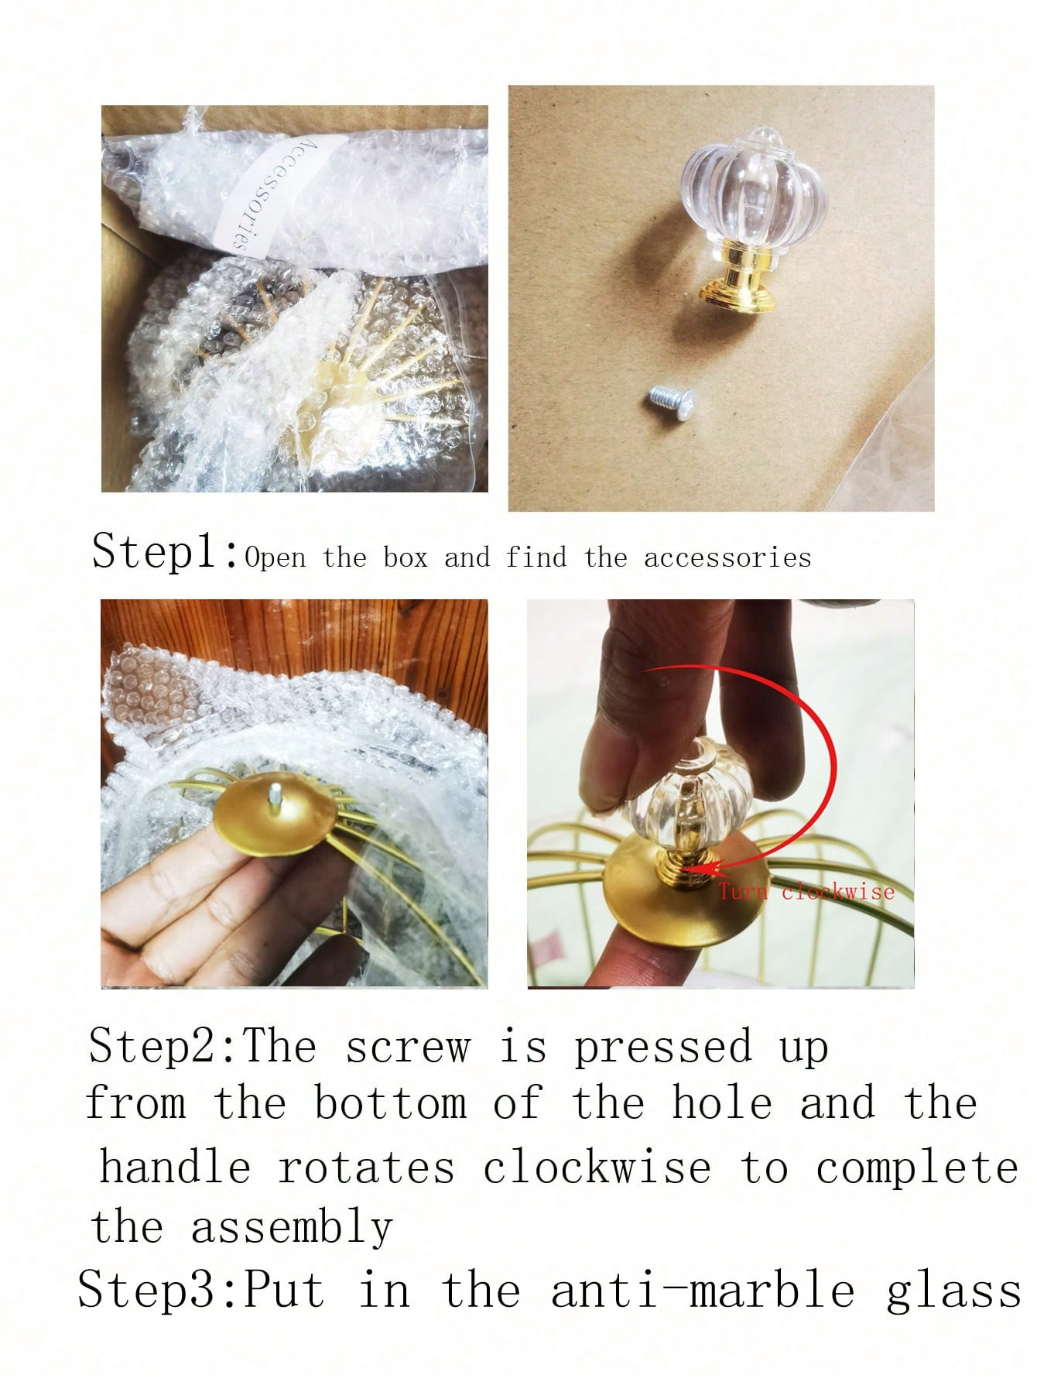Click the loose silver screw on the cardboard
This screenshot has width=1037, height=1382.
point(671,402)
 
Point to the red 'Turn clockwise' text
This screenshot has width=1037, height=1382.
point(806,891)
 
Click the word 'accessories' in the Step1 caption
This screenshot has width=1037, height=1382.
point(727,557)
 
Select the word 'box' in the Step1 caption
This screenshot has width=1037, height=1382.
point(405,557)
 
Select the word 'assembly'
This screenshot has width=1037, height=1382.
point(292,1229)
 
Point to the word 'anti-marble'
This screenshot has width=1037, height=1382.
point(702,1291)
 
